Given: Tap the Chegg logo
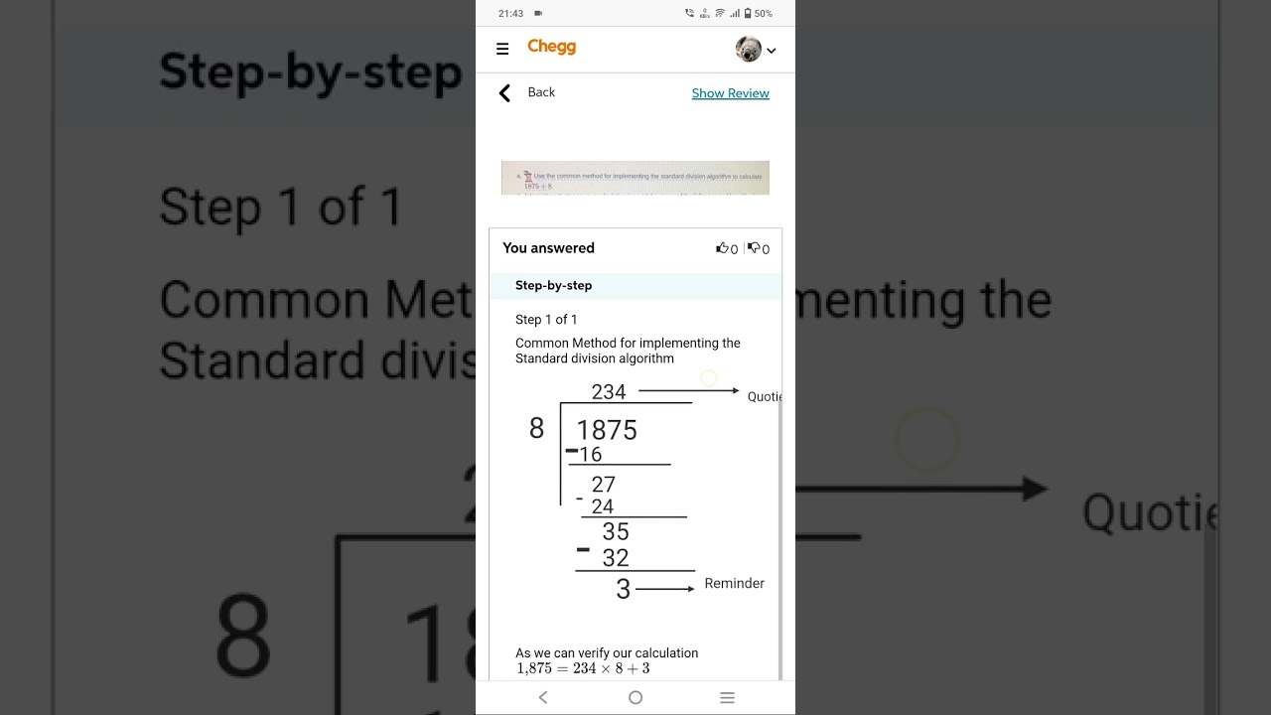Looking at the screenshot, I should point(551,47).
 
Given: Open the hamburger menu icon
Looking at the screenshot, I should point(502,49).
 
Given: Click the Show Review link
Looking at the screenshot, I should point(730,93).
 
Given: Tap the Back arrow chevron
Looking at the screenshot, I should point(504,93).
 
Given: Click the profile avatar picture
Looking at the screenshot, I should point(748,49).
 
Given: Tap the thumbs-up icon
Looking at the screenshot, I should point(722,248).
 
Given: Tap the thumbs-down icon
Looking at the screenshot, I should point(754,248).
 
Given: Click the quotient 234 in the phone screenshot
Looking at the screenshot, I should point(609,392).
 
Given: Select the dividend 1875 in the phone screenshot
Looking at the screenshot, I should point(607,430).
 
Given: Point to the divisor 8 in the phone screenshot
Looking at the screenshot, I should point(536,428).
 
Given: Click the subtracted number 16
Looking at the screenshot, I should point(591,455).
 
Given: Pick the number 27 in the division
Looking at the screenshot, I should point(603,485).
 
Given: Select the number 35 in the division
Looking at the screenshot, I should point(616,532).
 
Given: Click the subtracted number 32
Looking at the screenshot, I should point(616,558).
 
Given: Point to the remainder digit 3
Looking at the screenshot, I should point(623,590).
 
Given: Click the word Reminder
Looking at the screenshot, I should point(734,584).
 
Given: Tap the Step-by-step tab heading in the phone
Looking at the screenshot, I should point(553,286).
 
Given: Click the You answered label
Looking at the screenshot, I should point(548,248).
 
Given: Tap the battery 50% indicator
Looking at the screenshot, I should point(758,14).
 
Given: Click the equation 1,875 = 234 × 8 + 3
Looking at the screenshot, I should point(583,669).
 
